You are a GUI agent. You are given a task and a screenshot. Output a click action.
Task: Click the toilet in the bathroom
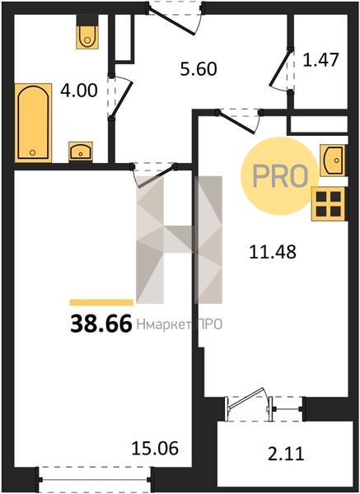(x=87, y=32)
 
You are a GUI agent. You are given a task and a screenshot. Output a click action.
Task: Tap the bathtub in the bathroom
(x=33, y=123)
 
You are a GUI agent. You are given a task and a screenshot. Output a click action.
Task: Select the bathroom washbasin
(x=81, y=151)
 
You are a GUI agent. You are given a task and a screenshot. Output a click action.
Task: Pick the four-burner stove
(x=329, y=203)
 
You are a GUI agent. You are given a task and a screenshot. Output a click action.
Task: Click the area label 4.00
(x=79, y=91)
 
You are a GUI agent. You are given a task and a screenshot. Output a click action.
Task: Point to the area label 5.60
(x=199, y=69)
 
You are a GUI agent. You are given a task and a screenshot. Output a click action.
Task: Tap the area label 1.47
(x=320, y=60)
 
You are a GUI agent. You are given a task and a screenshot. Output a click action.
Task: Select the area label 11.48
(x=273, y=252)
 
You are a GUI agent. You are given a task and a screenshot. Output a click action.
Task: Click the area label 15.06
(x=155, y=448)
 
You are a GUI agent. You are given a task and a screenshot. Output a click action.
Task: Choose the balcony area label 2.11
(x=286, y=454)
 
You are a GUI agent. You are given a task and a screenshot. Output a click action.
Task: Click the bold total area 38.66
(x=101, y=324)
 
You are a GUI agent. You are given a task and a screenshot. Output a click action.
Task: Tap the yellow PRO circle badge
(x=280, y=176)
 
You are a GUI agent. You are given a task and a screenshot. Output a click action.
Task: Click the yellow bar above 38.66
(x=101, y=302)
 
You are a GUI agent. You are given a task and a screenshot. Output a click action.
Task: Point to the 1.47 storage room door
(x=281, y=70)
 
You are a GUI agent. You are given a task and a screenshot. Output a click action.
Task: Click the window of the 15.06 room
(x=95, y=479)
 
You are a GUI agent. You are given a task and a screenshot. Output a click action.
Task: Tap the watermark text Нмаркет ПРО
(x=180, y=324)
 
